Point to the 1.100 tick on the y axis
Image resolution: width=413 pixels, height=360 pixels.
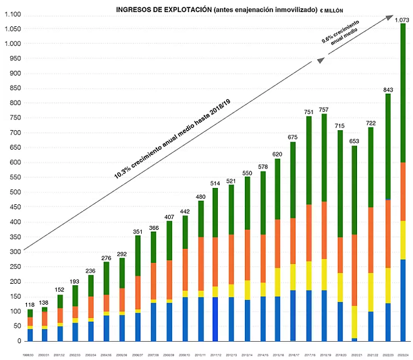pyautogui.click(x=13, y=15)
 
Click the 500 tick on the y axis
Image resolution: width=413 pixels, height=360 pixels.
pyautogui.click(x=16, y=192)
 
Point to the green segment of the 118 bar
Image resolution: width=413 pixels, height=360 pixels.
pyautogui.click(x=30, y=313)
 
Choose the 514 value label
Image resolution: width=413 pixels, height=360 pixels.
pyautogui.click(x=215, y=183)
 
